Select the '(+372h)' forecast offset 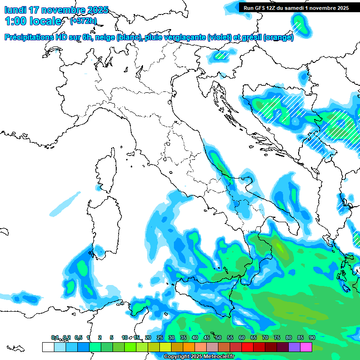click(x=83, y=21)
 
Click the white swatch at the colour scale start click(x=48, y=347)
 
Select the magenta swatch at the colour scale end click(x=306, y=347)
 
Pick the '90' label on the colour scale click(x=312, y=337)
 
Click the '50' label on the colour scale click(x=218, y=337)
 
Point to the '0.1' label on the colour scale click(x=55, y=337)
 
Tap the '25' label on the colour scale click(x=159, y=337)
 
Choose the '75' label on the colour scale click(x=277, y=337)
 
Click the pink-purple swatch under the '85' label click(x=294, y=347)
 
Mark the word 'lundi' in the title click(x=15, y=10)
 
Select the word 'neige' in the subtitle click(x=105, y=37)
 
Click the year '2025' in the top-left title click(x=97, y=10)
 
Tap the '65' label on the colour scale click(x=253, y=337)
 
